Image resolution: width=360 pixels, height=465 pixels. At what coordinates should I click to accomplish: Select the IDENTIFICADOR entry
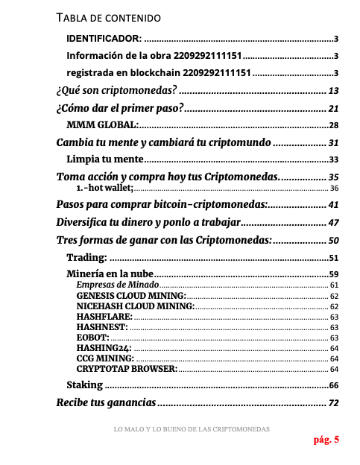tap(104, 38)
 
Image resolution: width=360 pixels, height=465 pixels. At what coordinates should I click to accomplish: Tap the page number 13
tap(334, 91)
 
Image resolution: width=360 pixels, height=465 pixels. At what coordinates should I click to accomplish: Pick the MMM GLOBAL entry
tap(101, 125)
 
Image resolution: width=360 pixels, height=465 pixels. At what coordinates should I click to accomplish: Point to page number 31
tap(334, 142)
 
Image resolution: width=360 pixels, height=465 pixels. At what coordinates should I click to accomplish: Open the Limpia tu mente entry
tap(104, 159)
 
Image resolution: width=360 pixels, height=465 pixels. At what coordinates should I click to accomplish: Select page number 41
tap(334, 204)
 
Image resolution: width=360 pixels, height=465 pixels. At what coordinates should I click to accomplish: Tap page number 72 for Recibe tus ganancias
tap(334, 403)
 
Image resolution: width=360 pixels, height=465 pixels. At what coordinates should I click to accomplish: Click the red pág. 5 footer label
tap(326, 439)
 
